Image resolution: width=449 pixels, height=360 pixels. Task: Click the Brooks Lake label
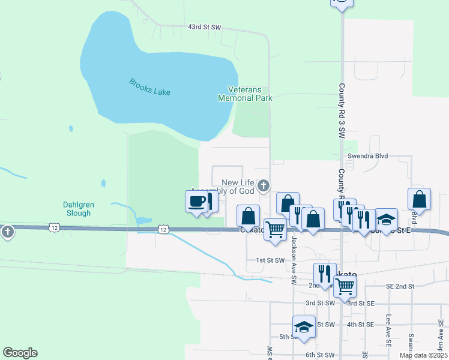149,87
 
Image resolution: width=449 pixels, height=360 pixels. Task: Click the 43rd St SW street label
205,28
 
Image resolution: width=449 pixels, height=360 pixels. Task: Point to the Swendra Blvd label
368,156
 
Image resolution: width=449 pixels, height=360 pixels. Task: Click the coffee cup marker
196,201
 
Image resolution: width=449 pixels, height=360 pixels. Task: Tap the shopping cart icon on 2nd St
345,287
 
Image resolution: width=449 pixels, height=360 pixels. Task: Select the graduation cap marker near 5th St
304,328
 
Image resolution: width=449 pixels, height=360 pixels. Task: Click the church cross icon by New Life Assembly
264,186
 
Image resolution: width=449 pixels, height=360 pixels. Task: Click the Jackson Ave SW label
294,260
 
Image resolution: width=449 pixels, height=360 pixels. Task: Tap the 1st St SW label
270,260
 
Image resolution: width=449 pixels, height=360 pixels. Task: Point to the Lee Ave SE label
389,331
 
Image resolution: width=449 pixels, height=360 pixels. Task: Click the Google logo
20,353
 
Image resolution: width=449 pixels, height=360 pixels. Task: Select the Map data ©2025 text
423,355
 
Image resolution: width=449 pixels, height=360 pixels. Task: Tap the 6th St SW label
320,355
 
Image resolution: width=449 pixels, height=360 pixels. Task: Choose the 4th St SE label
360,325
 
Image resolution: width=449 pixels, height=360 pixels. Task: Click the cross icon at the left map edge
7,231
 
